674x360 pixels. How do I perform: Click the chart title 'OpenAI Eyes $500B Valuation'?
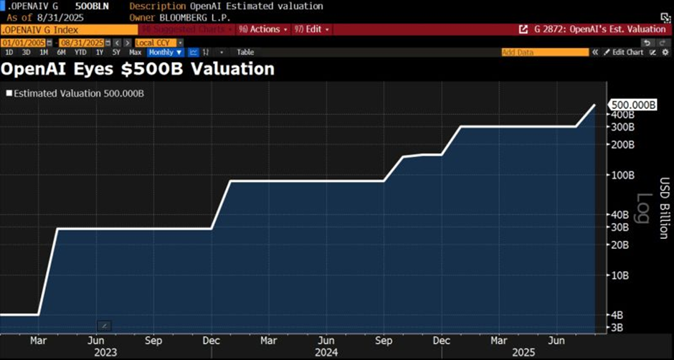(138, 69)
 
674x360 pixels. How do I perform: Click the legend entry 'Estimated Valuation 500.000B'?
(77, 93)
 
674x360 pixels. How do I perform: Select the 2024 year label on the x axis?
(326, 353)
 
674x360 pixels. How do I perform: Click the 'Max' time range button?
(135, 52)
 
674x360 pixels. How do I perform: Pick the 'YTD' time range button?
(81, 52)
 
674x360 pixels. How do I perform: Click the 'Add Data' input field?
(544, 52)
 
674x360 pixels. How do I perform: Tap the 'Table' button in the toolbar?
(245, 52)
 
